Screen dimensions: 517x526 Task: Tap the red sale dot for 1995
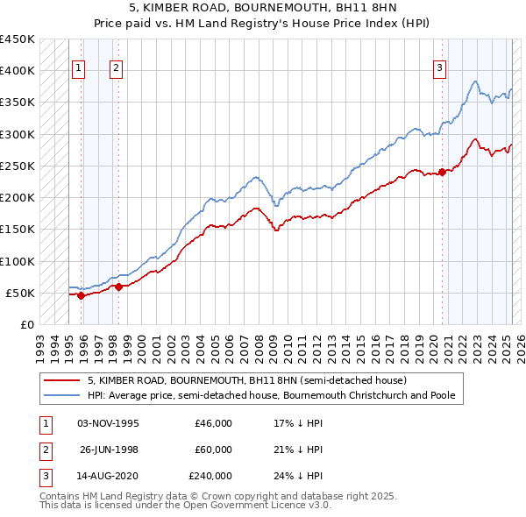pos(82,295)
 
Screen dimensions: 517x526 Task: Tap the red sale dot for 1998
pos(118,287)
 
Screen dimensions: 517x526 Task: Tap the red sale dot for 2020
pos(443,172)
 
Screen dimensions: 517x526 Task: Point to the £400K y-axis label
pos(17,71)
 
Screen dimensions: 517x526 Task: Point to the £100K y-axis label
pos(17,261)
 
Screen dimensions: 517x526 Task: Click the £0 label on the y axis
pos(27,325)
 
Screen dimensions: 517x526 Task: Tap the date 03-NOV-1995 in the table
pos(108,422)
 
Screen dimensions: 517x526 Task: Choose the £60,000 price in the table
pos(213,450)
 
